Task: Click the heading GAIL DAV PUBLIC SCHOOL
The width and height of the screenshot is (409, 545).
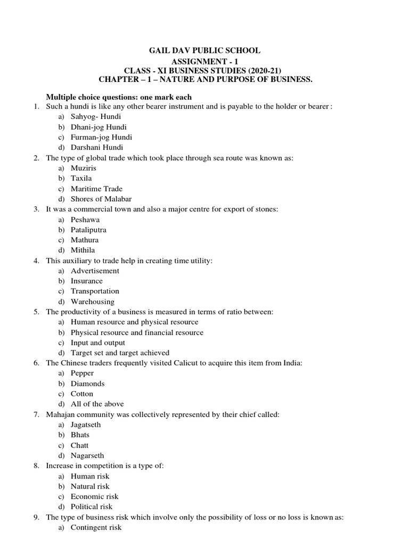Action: [204, 51]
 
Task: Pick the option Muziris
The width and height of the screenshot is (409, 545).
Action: [84, 168]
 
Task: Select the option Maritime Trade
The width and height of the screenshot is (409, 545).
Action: [96, 189]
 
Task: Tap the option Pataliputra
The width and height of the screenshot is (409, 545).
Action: [88, 230]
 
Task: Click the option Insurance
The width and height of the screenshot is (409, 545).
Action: [87, 281]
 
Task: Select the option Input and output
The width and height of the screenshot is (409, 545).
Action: [98, 343]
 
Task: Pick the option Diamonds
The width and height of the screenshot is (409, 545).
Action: [87, 384]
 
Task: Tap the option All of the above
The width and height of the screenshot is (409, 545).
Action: [96, 404]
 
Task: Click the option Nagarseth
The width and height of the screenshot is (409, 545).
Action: [87, 456]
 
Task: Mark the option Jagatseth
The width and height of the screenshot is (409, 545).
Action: [86, 425]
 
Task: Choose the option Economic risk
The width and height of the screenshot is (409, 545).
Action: [95, 497]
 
